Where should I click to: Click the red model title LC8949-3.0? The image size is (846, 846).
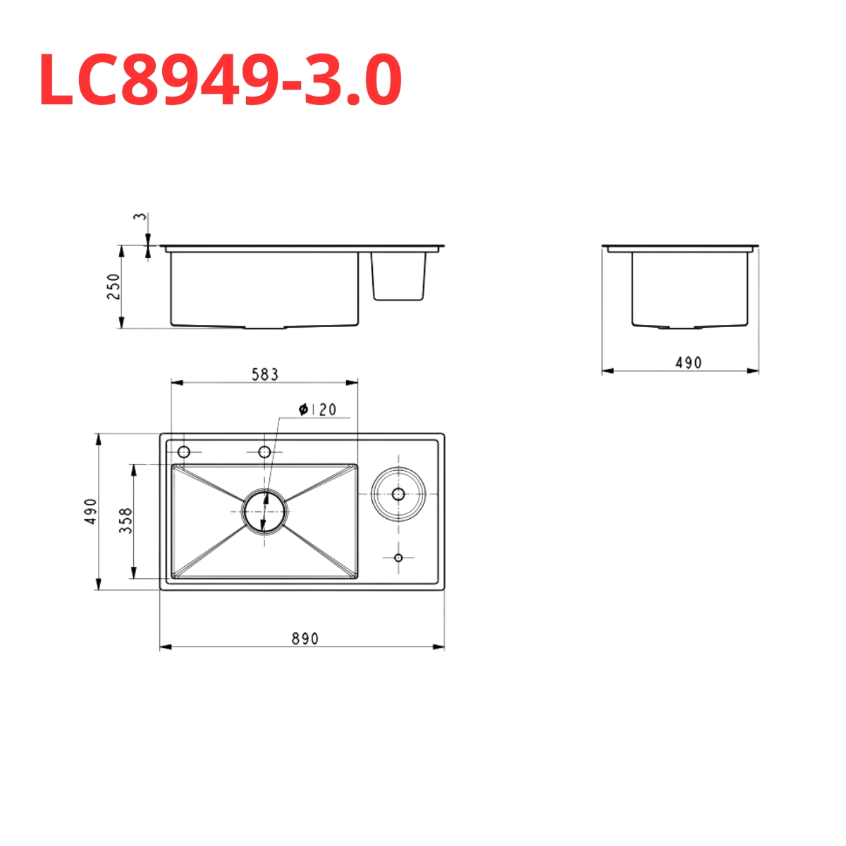pos(220,80)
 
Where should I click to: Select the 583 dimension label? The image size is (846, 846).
pos(265,375)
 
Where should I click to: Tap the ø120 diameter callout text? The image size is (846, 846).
pos(317,410)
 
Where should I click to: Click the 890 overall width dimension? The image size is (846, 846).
pos(305,639)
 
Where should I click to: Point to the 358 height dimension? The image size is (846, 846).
pos(126,520)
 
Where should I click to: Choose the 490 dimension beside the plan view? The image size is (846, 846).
pos(91,511)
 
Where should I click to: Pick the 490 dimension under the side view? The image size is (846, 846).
pos(688,362)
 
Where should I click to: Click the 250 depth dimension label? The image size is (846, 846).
pos(114,286)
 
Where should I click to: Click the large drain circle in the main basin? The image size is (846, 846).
pos(265,511)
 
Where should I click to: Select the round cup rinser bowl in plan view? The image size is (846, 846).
pos(398,493)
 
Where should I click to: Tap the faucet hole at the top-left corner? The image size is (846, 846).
pos(184,452)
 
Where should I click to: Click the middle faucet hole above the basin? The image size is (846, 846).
pos(265,452)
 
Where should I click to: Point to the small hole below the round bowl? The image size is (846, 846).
pos(398,558)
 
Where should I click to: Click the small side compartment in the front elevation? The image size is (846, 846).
pos(399,276)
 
